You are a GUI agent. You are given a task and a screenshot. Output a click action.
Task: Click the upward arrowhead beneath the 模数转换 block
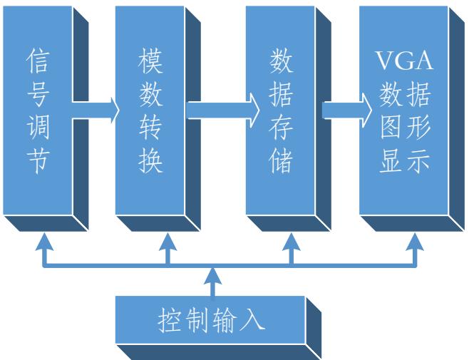(167, 243)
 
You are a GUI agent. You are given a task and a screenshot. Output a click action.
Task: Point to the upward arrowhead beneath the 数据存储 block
(291, 243)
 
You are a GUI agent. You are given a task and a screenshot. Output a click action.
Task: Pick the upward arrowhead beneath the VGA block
(414, 243)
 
